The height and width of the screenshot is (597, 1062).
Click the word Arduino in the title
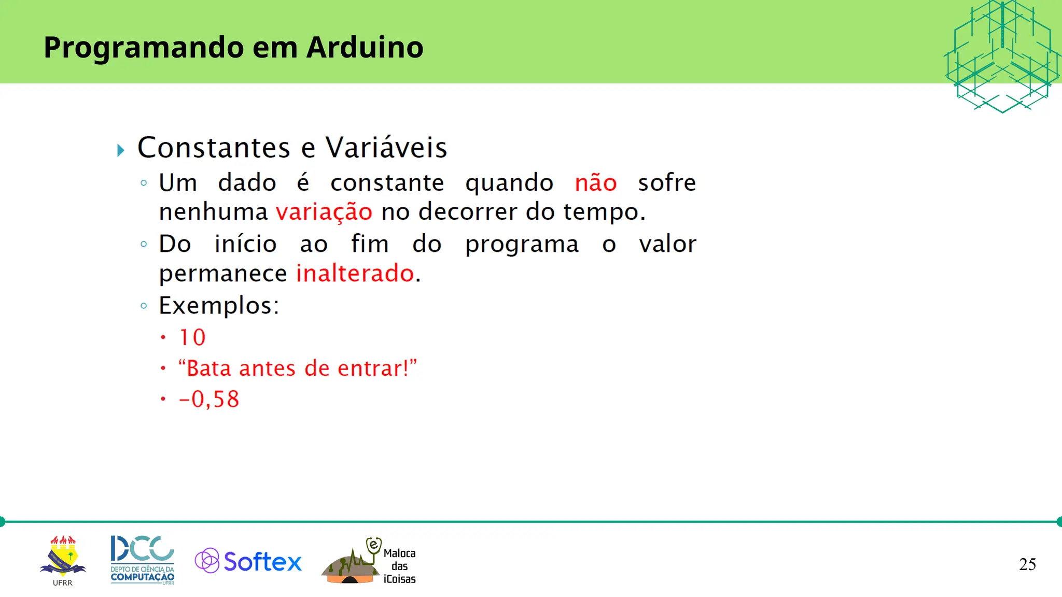pos(365,47)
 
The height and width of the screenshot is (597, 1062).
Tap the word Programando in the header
pos(144,48)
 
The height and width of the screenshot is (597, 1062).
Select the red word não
pos(595,183)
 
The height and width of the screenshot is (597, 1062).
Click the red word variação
pos(324,212)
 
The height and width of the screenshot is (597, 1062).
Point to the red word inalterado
pos(355,273)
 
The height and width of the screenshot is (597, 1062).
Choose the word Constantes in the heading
pos(214,148)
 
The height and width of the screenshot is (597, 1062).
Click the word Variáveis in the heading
pos(386,148)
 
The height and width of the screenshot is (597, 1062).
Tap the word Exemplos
pos(218,306)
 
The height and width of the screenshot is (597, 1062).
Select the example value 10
pos(192,338)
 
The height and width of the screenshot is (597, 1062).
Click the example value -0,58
pos(209,400)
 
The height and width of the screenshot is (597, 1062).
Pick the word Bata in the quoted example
pos(208,368)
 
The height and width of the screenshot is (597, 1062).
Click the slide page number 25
pos(1027,564)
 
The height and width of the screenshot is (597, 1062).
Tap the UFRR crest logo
pos(63,558)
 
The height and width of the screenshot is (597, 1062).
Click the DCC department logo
pos(142,560)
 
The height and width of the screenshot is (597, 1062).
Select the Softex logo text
pos(262,562)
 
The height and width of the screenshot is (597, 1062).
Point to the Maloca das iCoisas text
pos(399,566)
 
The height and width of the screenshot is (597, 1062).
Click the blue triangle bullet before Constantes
pos(121,150)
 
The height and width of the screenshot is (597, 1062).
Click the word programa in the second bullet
pos(521,245)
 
